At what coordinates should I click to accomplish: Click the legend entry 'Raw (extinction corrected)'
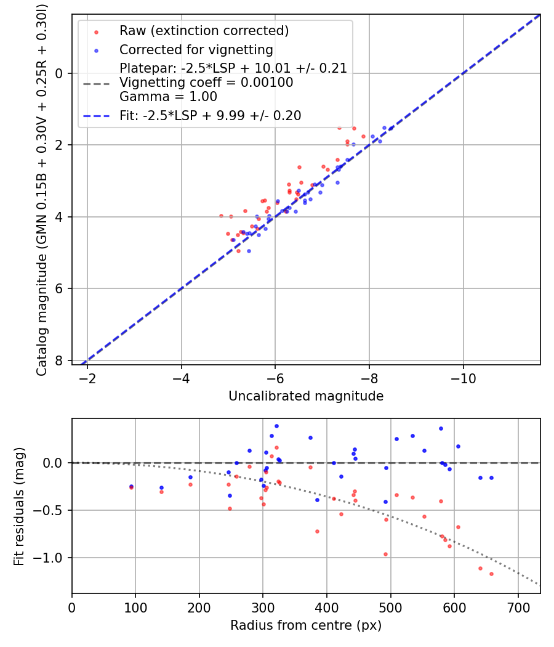(204, 31)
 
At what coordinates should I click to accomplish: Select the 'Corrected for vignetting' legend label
(196, 49)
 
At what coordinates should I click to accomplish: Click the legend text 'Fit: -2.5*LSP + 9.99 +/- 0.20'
(210, 115)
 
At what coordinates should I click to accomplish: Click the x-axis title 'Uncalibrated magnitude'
(306, 396)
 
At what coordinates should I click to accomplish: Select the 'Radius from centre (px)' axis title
(306, 625)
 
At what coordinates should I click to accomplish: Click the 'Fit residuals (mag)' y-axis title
(19, 506)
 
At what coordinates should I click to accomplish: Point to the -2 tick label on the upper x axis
(87, 378)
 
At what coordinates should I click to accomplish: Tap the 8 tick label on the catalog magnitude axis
(59, 360)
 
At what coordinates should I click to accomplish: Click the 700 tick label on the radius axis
(518, 607)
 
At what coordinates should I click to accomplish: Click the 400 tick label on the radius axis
(327, 607)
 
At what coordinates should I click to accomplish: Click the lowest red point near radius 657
(491, 574)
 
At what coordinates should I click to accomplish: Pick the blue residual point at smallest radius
(131, 486)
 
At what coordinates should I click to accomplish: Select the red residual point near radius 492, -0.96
(386, 554)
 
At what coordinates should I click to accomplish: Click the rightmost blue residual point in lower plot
(491, 478)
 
